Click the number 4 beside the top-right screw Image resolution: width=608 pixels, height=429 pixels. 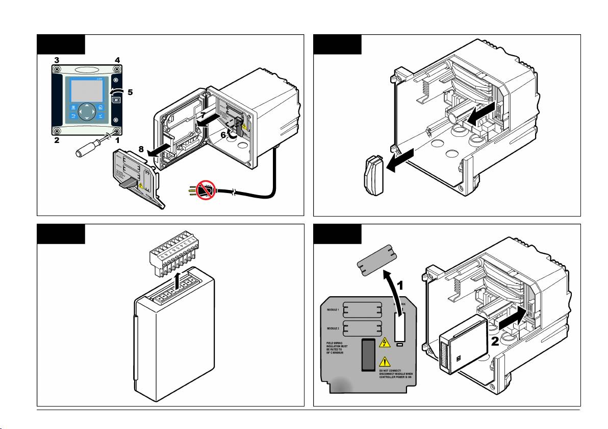tap(117, 60)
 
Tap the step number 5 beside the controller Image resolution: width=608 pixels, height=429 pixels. tap(130, 93)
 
